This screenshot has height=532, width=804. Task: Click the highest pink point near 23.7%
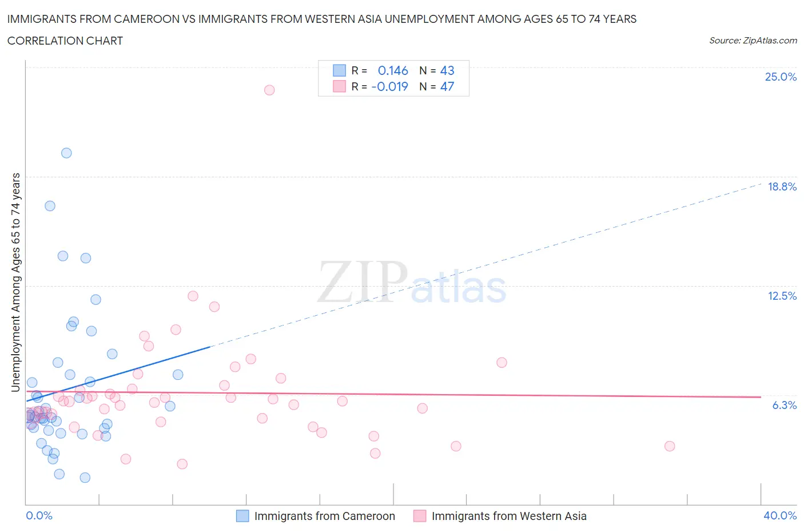tap(269, 90)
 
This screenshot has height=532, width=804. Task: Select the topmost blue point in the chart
tap(66, 153)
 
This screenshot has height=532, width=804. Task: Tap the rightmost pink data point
tap(670, 446)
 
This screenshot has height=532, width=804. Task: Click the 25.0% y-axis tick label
tap(781, 77)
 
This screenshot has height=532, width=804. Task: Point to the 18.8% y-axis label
tap(782, 186)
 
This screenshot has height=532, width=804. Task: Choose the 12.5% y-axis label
tap(782, 296)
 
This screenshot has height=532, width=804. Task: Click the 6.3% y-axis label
tap(784, 405)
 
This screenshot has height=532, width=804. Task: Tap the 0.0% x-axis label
tap(39, 515)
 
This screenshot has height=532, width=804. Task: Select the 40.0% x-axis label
tap(780, 515)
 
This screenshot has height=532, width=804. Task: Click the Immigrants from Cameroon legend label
tap(324, 516)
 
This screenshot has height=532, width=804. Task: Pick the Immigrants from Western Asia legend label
tap(509, 516)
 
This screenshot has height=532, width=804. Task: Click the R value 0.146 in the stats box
tap(393, 70)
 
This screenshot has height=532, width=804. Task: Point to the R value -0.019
tap(389, 86)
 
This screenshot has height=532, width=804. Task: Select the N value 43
tap(447, 70)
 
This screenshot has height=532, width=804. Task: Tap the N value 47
tap(447, 86)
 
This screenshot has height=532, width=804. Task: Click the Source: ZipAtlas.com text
tap(753, 40)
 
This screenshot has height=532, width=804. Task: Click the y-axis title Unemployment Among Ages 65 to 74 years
tap(15, 282)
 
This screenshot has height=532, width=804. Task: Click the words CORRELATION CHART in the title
tap(65, 41)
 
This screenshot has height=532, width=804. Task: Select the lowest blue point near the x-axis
tap(85, 478)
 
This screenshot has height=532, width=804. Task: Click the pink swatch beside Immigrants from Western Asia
tap(420, 516)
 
